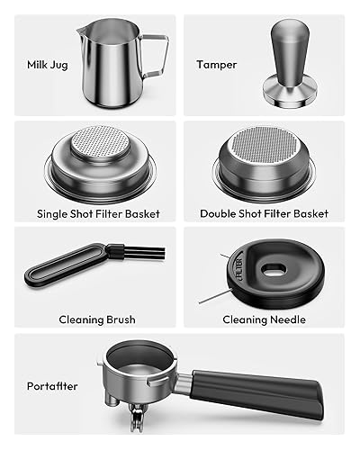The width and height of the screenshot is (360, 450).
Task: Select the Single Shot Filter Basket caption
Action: (97, 214)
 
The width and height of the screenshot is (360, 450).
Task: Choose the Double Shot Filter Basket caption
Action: (265, 214)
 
